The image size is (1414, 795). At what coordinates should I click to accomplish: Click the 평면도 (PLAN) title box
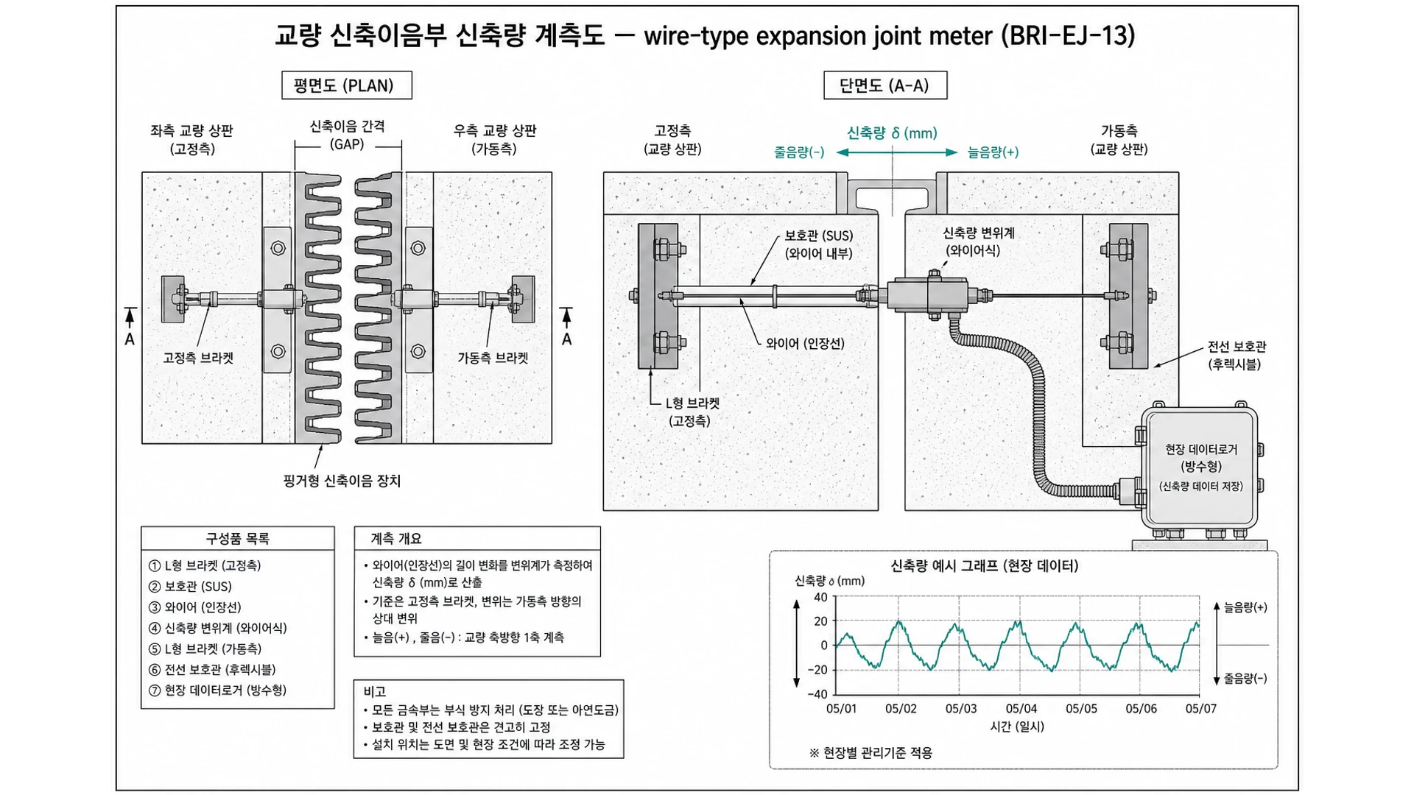point(347,85)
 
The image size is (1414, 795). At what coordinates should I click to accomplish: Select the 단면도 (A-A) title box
point(885,85)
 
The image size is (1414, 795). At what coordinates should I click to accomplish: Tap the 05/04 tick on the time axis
point(1021,709)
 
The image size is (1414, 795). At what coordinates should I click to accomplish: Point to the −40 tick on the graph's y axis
point(817,694)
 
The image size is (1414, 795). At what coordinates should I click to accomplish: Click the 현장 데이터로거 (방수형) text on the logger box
point(1201,458)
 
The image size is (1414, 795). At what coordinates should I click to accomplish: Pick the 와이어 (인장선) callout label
point(805,344)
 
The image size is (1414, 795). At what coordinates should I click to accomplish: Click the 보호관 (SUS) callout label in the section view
point(818,244)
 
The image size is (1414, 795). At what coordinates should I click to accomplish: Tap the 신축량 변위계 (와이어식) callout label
point(978,241)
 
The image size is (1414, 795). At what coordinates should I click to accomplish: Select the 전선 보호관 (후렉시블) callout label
point(1237,356)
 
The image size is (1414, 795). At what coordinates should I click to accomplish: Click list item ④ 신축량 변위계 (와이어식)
point(218,628)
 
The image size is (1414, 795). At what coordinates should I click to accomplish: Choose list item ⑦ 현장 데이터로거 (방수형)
point(217,690)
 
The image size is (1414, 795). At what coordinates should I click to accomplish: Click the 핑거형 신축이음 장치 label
point(342,481)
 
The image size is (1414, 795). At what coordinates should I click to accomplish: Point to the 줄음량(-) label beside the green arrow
point(799,152)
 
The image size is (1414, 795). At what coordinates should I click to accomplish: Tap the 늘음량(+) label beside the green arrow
point(993,152)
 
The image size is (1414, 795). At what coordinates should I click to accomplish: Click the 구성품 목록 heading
point(237,539)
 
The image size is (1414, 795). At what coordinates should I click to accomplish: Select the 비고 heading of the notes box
point(375,691)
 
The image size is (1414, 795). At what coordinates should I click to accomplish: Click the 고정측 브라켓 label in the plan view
point(198,358)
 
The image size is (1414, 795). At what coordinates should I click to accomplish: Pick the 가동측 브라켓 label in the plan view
point(493,358)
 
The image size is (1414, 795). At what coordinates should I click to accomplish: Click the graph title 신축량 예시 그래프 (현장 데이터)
point(984,566)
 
